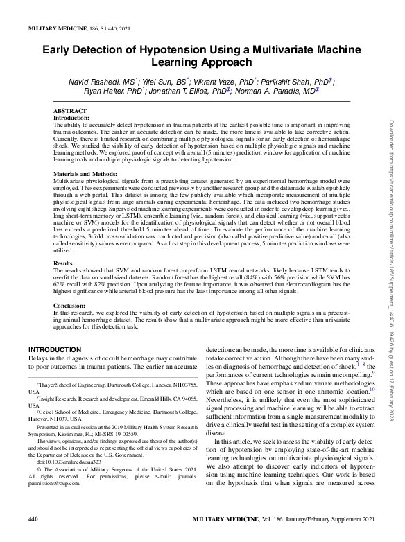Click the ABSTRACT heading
[x=70, y=111]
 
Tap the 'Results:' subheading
[x=64, y=244]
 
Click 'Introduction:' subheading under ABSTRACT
[x=71, y=118]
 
